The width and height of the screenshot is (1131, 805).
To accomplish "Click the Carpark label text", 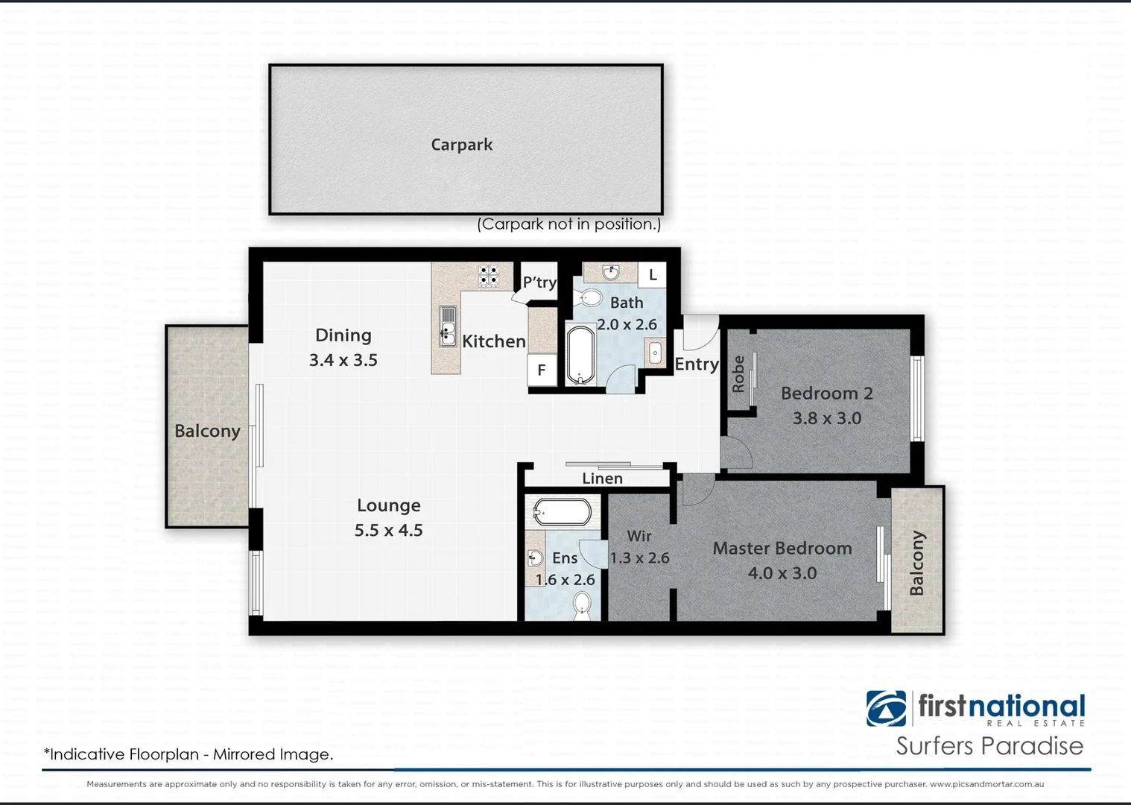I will point(462,145).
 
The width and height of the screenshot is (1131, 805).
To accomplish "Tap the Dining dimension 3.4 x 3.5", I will point(343,360).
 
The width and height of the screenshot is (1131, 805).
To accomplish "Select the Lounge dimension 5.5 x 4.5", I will point(388,530).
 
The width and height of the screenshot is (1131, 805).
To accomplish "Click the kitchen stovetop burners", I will point(488,275).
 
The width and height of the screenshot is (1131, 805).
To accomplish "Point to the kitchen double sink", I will point(447,326).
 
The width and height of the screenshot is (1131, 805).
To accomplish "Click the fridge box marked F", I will point(542,370).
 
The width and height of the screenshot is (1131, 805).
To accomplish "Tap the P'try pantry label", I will point(539,282).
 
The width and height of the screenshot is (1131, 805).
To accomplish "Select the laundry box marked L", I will point(653,275).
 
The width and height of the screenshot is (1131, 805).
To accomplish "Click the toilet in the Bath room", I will point(589,298).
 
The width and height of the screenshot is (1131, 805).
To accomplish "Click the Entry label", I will point(697,364).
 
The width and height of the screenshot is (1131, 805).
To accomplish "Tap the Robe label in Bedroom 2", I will point(738,374).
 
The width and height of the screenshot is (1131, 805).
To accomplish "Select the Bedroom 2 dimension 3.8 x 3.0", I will point(827,418).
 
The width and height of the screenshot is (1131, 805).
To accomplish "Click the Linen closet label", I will point(602,479).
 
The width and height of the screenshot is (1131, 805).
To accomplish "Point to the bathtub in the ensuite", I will point(563,513).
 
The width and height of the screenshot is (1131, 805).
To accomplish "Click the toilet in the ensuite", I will point(582,604).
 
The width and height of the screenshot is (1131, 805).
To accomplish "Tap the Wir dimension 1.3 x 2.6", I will point(639,558).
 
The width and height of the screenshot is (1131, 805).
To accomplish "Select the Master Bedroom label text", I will point(782,549).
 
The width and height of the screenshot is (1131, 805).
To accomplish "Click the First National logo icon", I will point(886,708).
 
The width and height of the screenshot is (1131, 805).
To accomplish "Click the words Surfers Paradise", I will point(989,746).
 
